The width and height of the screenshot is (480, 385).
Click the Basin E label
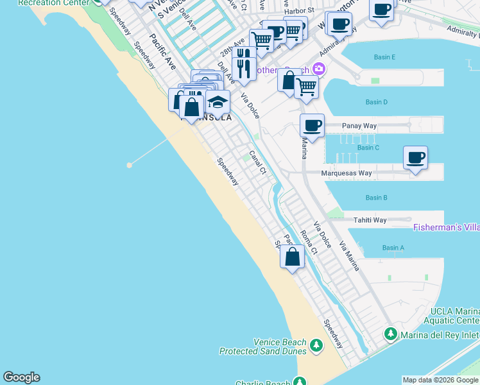click(x=384, y=57)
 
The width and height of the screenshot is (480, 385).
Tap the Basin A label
click(x=393, y=248)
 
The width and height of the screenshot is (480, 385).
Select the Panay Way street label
click(x=360, y=126)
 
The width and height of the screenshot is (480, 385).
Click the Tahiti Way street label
click(x=370, y=220)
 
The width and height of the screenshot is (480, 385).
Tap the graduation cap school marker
click(x=218, y=103)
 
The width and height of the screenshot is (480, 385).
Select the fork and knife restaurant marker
click(x=243, y=64)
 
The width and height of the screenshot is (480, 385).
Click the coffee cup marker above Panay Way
click(x=312, y=125)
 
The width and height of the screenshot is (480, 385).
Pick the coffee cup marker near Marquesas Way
click(x=415, y=157)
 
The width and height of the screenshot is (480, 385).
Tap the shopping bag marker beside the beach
click(x=292, y=257)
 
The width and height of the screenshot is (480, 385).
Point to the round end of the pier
click(x=129, y=165)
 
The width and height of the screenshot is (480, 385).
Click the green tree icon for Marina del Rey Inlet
click(x=390, y=334)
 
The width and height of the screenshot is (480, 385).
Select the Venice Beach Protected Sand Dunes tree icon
click(x=316, y=346)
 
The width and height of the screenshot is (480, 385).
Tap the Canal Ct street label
click(x=257, y=162)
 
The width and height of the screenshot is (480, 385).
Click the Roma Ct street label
click(x=309, y=243)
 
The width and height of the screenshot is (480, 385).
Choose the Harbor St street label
click(x=300, y=10)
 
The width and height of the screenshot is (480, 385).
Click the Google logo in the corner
click(x=21, y=377)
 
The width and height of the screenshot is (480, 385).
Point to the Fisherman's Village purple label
click(x=446, y=227)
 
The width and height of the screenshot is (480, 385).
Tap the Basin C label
click(x=368, y=148)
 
